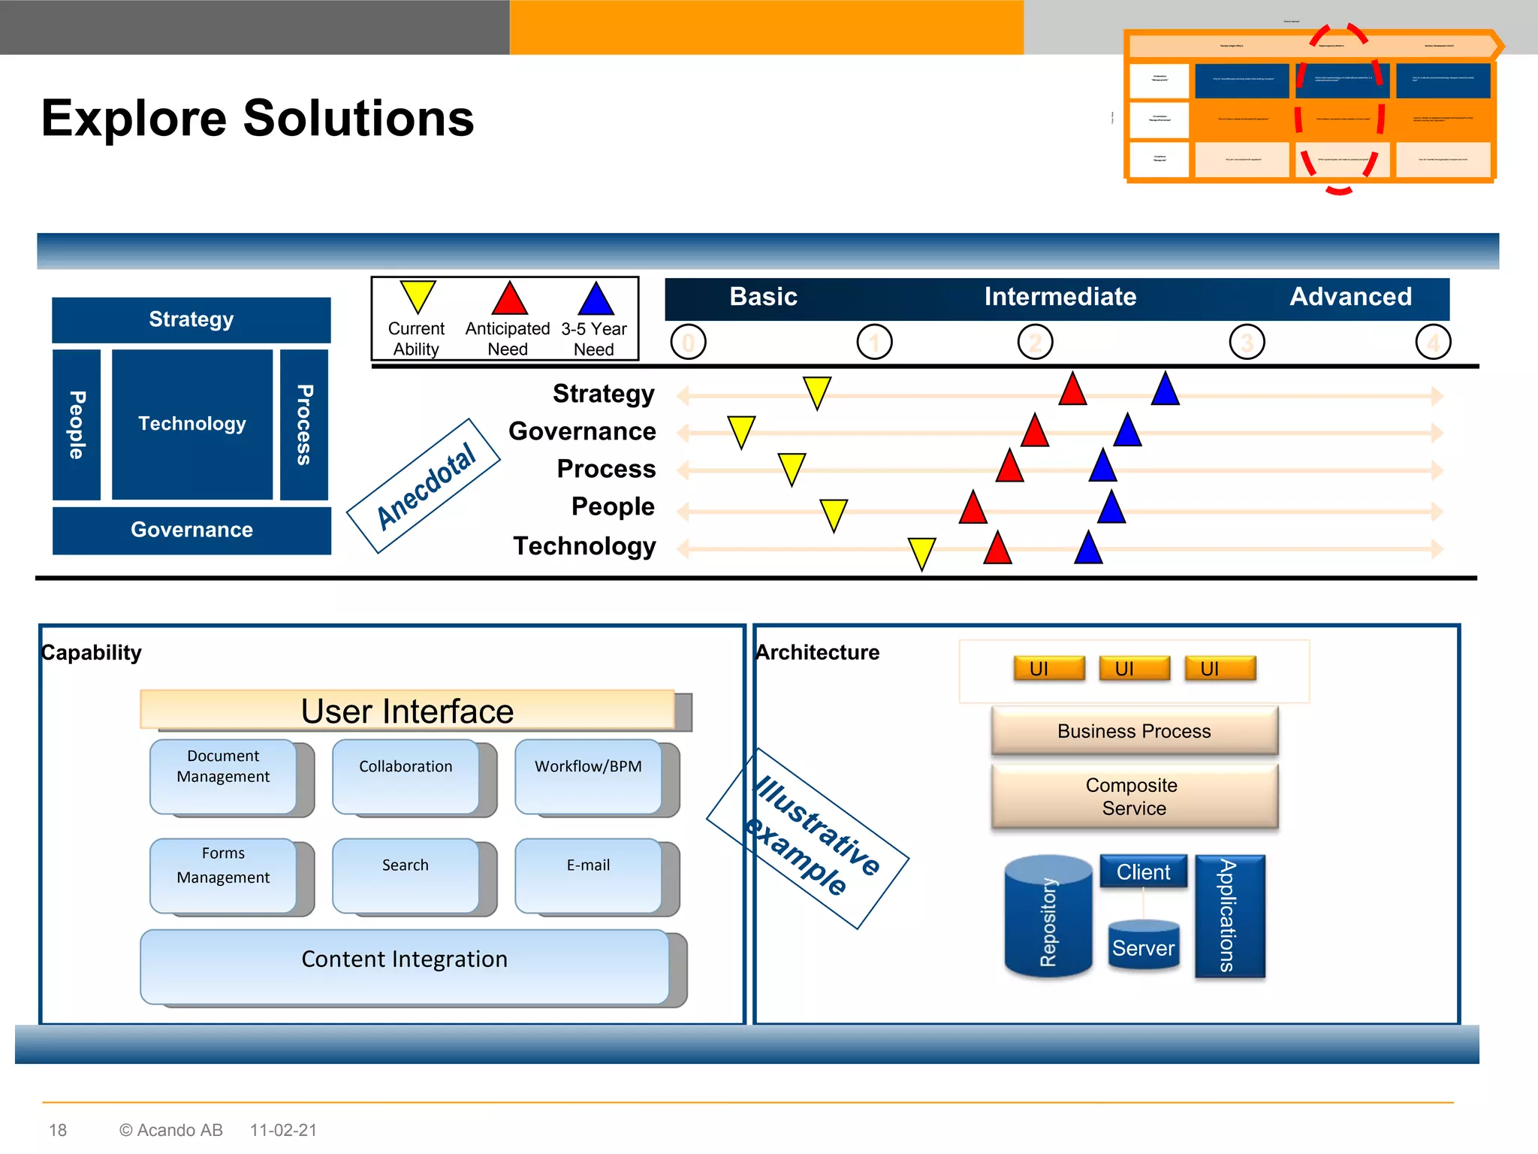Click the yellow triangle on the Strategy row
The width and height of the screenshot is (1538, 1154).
click(x=816, y=391)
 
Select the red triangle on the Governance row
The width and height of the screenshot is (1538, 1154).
click(x=1035, y=433)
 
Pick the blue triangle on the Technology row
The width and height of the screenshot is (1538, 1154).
click(x=1088, y=549)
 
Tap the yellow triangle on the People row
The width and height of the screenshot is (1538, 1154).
click(x=834, y=513)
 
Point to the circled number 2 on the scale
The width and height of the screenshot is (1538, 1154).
click(x=1035, y=343)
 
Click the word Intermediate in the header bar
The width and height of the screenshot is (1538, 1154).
click(x=1060, y=297)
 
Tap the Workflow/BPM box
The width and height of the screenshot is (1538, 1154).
click(x=588, y=776)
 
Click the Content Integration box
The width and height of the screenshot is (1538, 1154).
click(x=404, y=965)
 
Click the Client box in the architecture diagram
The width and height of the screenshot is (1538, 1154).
click(x=1143, y=872)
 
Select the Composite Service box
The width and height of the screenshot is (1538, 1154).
click(x=1134, y=796)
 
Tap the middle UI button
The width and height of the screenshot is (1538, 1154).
click(x=1134, y=668)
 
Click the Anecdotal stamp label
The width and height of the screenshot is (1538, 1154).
click(x=424, y=486)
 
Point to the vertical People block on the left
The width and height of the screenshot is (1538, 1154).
click(x=77, y=424)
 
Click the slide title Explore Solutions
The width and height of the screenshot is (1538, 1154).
click(x=258, y=119)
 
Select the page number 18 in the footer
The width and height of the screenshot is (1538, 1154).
click(x=58, y=1130)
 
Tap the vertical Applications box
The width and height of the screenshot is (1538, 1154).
click(x=1229, y=916)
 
